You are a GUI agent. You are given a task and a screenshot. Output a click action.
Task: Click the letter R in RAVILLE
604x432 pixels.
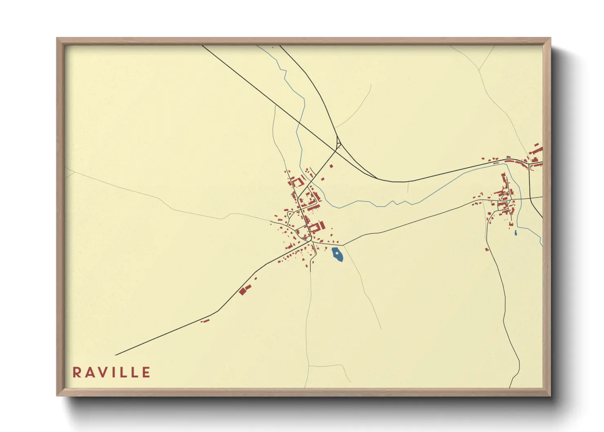[x=76, y=372]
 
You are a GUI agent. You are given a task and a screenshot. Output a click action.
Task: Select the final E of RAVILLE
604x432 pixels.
[x=147, y=372]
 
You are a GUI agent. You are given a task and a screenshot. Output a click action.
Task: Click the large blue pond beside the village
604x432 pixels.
[x=338, y=255]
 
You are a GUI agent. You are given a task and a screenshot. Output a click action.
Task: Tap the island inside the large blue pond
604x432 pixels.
[x=336, y=254]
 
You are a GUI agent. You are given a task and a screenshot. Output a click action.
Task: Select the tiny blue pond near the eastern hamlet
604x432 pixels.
[x=516, y=233]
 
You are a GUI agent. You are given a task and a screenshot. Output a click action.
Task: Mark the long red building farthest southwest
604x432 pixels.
[x=205, y=321]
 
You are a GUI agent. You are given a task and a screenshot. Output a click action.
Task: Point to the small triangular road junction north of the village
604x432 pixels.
[x=338, y=144]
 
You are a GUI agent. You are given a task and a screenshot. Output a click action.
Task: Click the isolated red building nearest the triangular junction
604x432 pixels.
[x=331, y=166]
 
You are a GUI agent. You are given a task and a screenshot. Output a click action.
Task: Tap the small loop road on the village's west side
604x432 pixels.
[x=291, y=214]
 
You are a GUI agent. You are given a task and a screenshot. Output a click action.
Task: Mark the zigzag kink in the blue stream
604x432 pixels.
[x=394, y=203]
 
